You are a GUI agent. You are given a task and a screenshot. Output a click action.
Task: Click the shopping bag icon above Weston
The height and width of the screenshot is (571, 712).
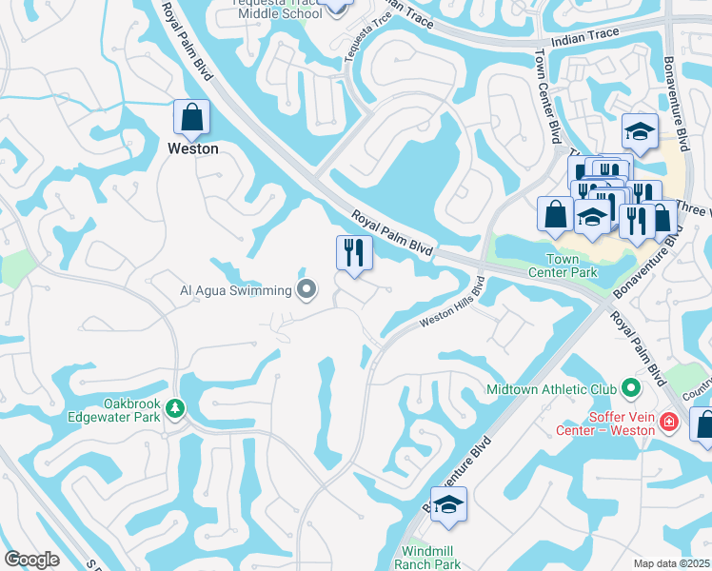tap(191, 118)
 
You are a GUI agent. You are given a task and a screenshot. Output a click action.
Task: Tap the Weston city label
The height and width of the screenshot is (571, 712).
tap(192, 148)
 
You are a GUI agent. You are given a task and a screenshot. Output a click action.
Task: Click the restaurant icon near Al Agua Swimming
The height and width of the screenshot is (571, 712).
tap(353, 253)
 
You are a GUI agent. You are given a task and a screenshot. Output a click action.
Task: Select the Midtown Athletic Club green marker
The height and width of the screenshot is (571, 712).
tap(630, 388)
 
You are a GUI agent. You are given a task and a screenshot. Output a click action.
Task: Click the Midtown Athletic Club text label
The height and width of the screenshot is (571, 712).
tap(550, 388)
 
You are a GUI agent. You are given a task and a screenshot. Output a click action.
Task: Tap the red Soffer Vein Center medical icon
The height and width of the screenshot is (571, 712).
tap(669, 421)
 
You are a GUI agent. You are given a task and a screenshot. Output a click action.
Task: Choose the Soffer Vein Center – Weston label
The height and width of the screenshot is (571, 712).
tap(605, 423)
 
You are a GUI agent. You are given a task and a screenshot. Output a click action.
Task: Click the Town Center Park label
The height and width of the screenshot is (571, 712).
tap(569, 266)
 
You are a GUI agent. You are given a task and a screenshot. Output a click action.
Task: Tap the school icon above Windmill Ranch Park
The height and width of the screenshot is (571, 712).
tap(448, 504)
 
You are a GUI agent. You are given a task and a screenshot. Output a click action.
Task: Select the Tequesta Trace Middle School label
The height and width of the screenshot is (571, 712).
tap(266, 7)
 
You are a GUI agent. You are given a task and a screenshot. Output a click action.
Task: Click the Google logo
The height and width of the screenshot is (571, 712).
tap(31, 560)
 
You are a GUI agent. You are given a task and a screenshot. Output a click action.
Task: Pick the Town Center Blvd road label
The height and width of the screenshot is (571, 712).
tap(550, 95)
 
